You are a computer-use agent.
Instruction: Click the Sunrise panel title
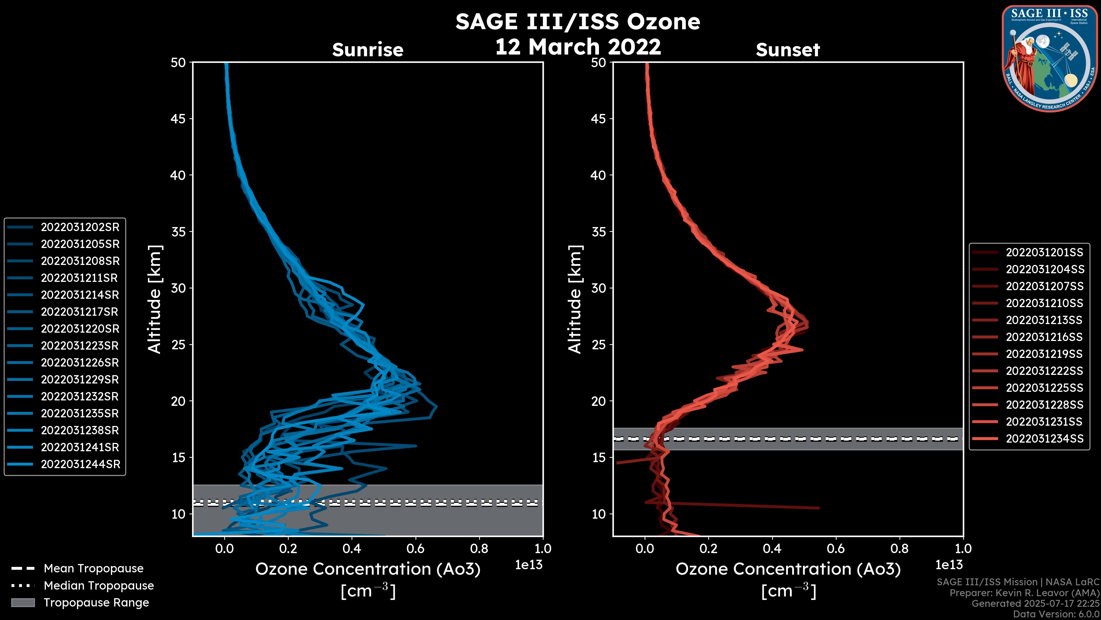(x=368, y=50)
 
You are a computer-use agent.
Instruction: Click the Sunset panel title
(x=788, y=50)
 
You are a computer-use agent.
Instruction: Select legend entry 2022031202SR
(x=80, y=227)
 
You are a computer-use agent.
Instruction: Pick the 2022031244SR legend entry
(x=80, y=464)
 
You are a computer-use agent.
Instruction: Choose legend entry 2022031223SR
(x=80, y=346)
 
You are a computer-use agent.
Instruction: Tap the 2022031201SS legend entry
(x=1045, y=253)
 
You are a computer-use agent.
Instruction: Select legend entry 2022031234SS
(x=1045, y=439)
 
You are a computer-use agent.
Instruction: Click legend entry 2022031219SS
(x=1044, y=354)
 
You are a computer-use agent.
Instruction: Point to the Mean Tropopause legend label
(x=93, y=569)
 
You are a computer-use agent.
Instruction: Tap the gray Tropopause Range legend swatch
(x=23, y=602)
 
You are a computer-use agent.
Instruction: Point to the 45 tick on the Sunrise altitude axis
(x=178, y=119)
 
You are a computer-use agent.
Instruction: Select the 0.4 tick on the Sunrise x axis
(x=352, y=549)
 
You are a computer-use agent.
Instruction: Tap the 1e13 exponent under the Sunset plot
(x=949, y=565)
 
